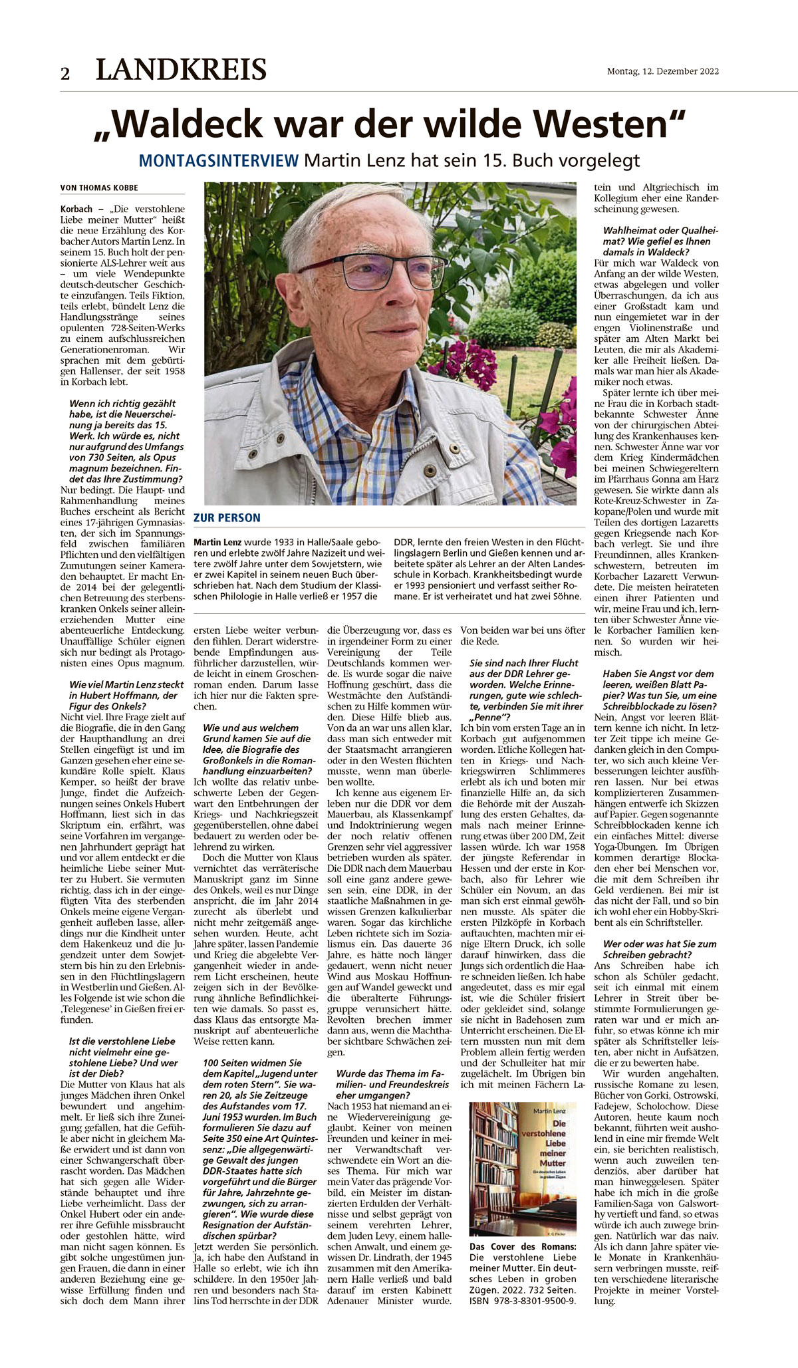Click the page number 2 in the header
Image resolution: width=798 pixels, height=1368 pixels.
click(65, 73)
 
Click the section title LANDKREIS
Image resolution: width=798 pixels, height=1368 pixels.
click(181, 70)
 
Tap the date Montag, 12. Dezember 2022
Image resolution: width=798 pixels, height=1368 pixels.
click(662, 72)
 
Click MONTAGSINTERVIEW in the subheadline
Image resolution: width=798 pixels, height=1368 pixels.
click(219, 160)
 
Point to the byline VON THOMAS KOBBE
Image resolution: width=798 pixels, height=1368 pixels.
click(99, 188)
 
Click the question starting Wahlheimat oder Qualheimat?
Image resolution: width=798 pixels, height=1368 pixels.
click(656, 241)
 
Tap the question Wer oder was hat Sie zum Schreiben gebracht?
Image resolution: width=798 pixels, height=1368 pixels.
click(660, 949)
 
